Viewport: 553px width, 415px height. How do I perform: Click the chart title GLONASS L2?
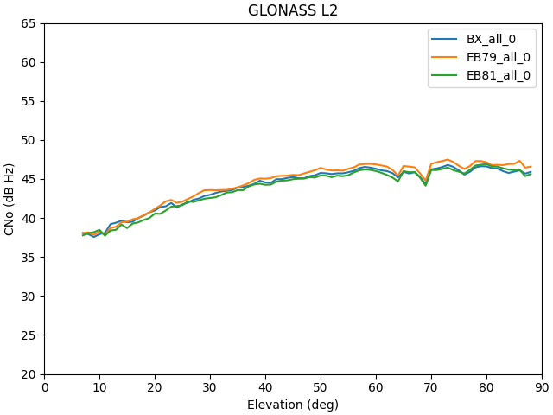[293, 11]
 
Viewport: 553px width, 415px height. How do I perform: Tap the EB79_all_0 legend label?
[499, 57]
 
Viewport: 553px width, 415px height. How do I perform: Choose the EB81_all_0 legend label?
[499, 75]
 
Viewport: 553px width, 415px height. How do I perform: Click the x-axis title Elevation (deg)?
[293, 405]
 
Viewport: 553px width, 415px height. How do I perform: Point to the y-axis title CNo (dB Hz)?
[10, 199]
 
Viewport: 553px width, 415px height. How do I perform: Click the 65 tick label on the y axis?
[29, 23]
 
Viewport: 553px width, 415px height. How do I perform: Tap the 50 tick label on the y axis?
[29, 140]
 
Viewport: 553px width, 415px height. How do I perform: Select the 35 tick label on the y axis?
[29, 258]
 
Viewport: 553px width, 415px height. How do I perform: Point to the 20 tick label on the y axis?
[29, 374]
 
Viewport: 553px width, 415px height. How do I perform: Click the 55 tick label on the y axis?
[29, 101]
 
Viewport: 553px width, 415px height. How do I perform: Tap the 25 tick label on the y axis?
[29, 335]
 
